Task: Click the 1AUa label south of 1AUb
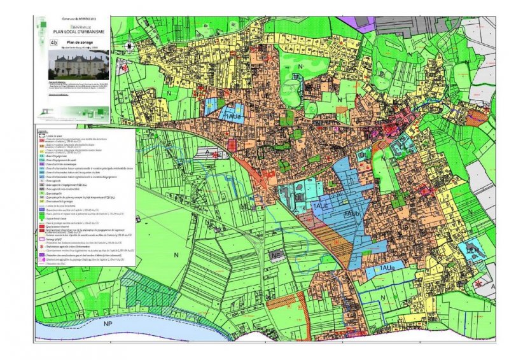389,270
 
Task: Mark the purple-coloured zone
365,25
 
